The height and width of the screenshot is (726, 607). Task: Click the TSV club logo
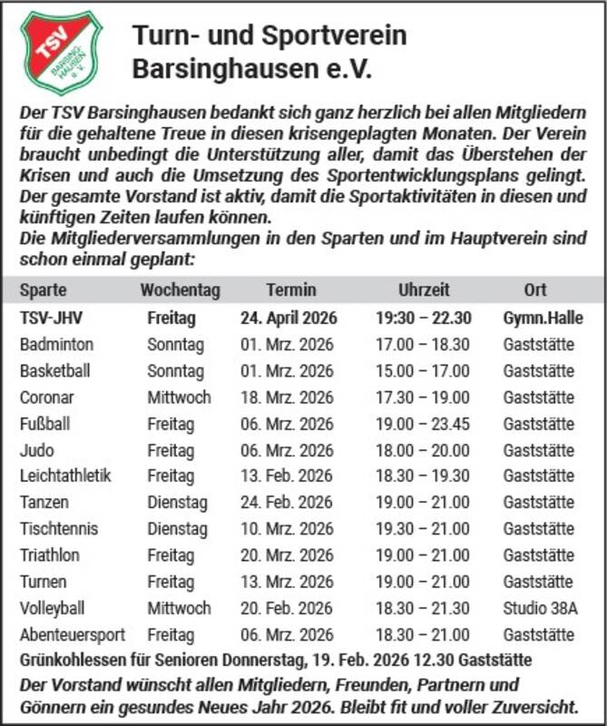(61, 52)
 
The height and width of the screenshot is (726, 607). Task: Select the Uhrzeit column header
(424, 290)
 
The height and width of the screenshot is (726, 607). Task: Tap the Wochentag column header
(180, 290)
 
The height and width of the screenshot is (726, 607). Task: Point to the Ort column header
(534, 290)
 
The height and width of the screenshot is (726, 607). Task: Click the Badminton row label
(56, 345)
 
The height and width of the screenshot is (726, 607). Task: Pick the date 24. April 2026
(289, 319)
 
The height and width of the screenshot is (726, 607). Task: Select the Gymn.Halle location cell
(543, 319)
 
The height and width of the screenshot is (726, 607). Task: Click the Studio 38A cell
(540, 608)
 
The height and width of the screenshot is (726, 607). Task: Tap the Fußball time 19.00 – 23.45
(424, 424)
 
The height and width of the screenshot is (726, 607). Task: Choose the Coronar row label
(47, 397)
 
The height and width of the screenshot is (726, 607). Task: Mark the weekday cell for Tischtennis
(177, 529)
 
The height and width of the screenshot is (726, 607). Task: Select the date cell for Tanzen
(287, 503)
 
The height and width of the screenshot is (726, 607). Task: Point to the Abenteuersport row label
(73, 634)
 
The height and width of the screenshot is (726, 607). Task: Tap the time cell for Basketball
(424, 371)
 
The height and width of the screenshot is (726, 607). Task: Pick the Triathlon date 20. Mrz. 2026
(287, 555)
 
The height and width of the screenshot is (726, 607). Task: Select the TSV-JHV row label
(51, 319)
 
